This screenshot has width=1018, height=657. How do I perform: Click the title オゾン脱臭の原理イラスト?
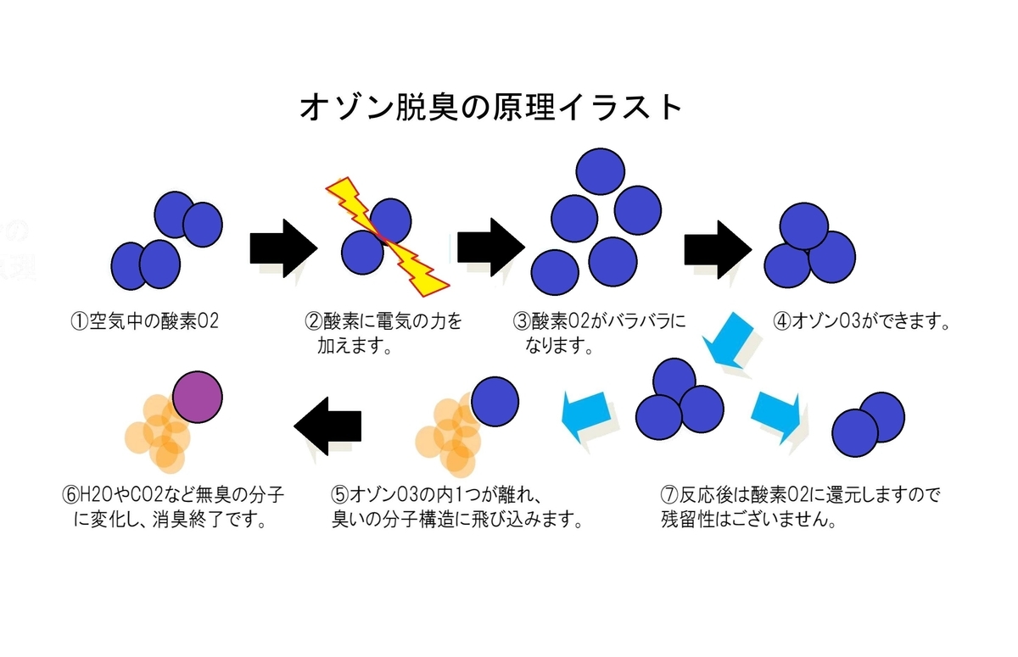tap(491, 108)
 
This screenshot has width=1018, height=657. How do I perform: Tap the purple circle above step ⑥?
tap(198, 397)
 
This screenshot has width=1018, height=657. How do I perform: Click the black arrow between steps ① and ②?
tap(282, 247)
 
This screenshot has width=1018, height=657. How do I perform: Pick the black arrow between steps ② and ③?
tap(490, 247)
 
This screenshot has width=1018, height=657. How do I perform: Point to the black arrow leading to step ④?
tap(718, 247)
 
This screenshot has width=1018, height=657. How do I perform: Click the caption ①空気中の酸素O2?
tap(146, 321)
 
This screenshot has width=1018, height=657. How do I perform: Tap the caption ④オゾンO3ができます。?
tap(860, 321)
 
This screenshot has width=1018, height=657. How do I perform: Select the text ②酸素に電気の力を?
tap(383, 321)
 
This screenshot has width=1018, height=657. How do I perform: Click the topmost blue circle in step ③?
tap(601, 171)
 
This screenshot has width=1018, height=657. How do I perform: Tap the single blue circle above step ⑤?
tap(495, 400)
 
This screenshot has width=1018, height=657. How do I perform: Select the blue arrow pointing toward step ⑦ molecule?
tap(776, 415)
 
